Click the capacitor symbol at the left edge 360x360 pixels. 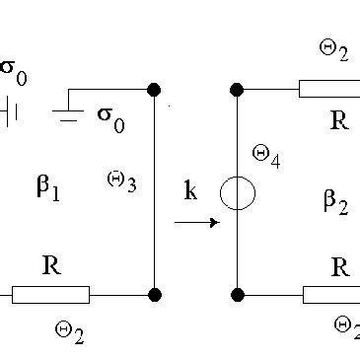11,111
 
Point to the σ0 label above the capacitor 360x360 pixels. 12,71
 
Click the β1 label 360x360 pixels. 48,188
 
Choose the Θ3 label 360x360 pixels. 121,180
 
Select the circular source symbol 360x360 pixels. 238,192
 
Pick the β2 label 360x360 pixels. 335,201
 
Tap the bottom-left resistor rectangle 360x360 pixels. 50,294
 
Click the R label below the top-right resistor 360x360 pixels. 339,121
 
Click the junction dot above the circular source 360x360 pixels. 238,90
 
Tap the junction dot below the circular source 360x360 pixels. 238,294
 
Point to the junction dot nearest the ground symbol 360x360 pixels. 154,90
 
